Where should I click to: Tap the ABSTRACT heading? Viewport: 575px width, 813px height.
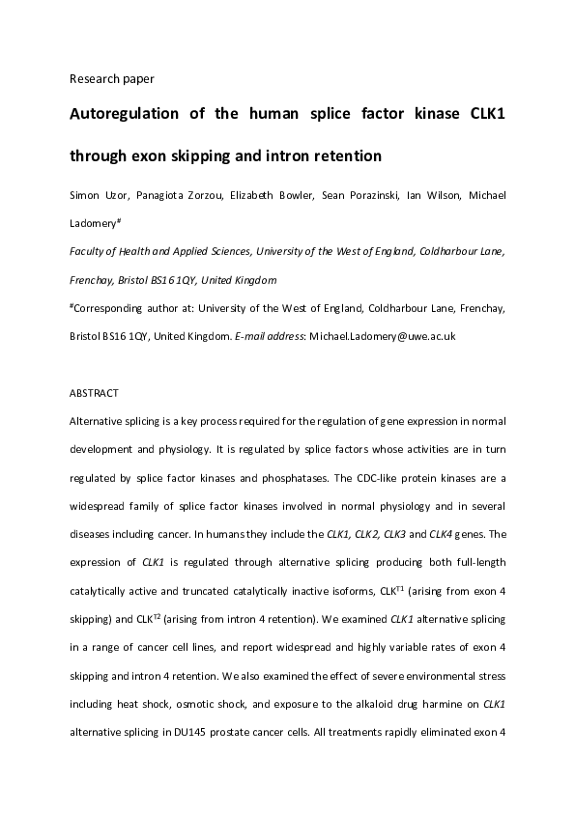(x=95, y=393)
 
